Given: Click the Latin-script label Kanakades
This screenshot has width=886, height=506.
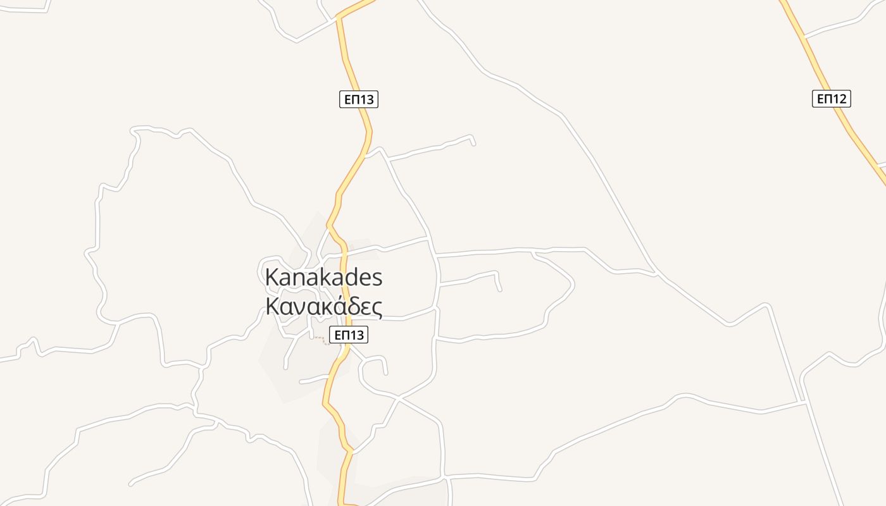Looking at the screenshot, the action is coord(323,277).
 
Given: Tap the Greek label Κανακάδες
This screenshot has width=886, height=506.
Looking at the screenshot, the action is coord(323,306).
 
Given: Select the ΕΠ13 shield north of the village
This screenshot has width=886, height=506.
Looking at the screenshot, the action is coord(359,99).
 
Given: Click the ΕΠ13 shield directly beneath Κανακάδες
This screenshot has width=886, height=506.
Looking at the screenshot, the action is coord(349,335).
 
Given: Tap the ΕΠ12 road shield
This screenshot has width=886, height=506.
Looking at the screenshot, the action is coord(831,99).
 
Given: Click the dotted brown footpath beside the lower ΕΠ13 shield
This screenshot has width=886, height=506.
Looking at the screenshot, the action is coord(321,340).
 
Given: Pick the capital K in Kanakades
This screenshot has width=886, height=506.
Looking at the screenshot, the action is coord(272,277).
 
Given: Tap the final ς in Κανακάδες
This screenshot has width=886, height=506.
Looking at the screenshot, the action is coord(377,307).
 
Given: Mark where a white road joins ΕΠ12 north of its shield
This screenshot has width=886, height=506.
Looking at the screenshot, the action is coord(804,37).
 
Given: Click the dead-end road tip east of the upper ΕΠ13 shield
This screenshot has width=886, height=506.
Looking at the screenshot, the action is coord(474,144).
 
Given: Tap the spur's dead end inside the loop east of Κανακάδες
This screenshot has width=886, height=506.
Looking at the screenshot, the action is coord(500,290).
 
